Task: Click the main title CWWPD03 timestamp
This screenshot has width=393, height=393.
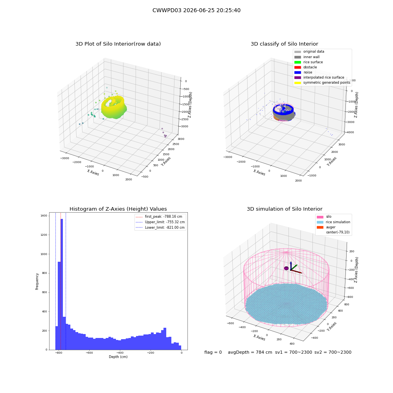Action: (x=196, y=11)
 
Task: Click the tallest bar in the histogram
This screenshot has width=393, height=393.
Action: (x=62, y=284)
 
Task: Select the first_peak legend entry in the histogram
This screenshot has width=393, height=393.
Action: (x=159, y=217)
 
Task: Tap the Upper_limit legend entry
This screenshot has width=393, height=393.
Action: (x=160, y=222)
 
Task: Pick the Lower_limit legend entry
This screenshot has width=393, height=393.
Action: (x=160, y=228)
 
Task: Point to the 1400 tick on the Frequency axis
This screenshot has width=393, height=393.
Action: (x=44, y=215)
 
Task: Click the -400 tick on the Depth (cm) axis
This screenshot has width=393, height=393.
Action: (x=120, y=353)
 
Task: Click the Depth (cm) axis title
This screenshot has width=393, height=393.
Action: (x=118, y=357)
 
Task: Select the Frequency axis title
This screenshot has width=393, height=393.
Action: (x=37, y=281)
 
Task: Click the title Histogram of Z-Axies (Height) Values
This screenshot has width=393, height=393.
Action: (x=118, y=209)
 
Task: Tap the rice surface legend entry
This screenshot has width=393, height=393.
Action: (x=309, y=62)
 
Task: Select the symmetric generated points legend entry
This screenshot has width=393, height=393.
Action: (x=322, y=83)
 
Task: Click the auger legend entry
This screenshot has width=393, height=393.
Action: (x=326, y=227)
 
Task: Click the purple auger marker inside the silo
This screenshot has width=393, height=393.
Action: (x=286, y=268)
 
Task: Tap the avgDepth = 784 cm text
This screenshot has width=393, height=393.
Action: (x=250, y=352)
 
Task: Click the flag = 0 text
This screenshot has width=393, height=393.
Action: (x=213, y=352)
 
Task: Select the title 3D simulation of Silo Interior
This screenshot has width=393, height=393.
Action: (x=285, y=209)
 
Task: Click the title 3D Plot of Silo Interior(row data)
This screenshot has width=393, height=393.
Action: (x=118, y=44)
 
